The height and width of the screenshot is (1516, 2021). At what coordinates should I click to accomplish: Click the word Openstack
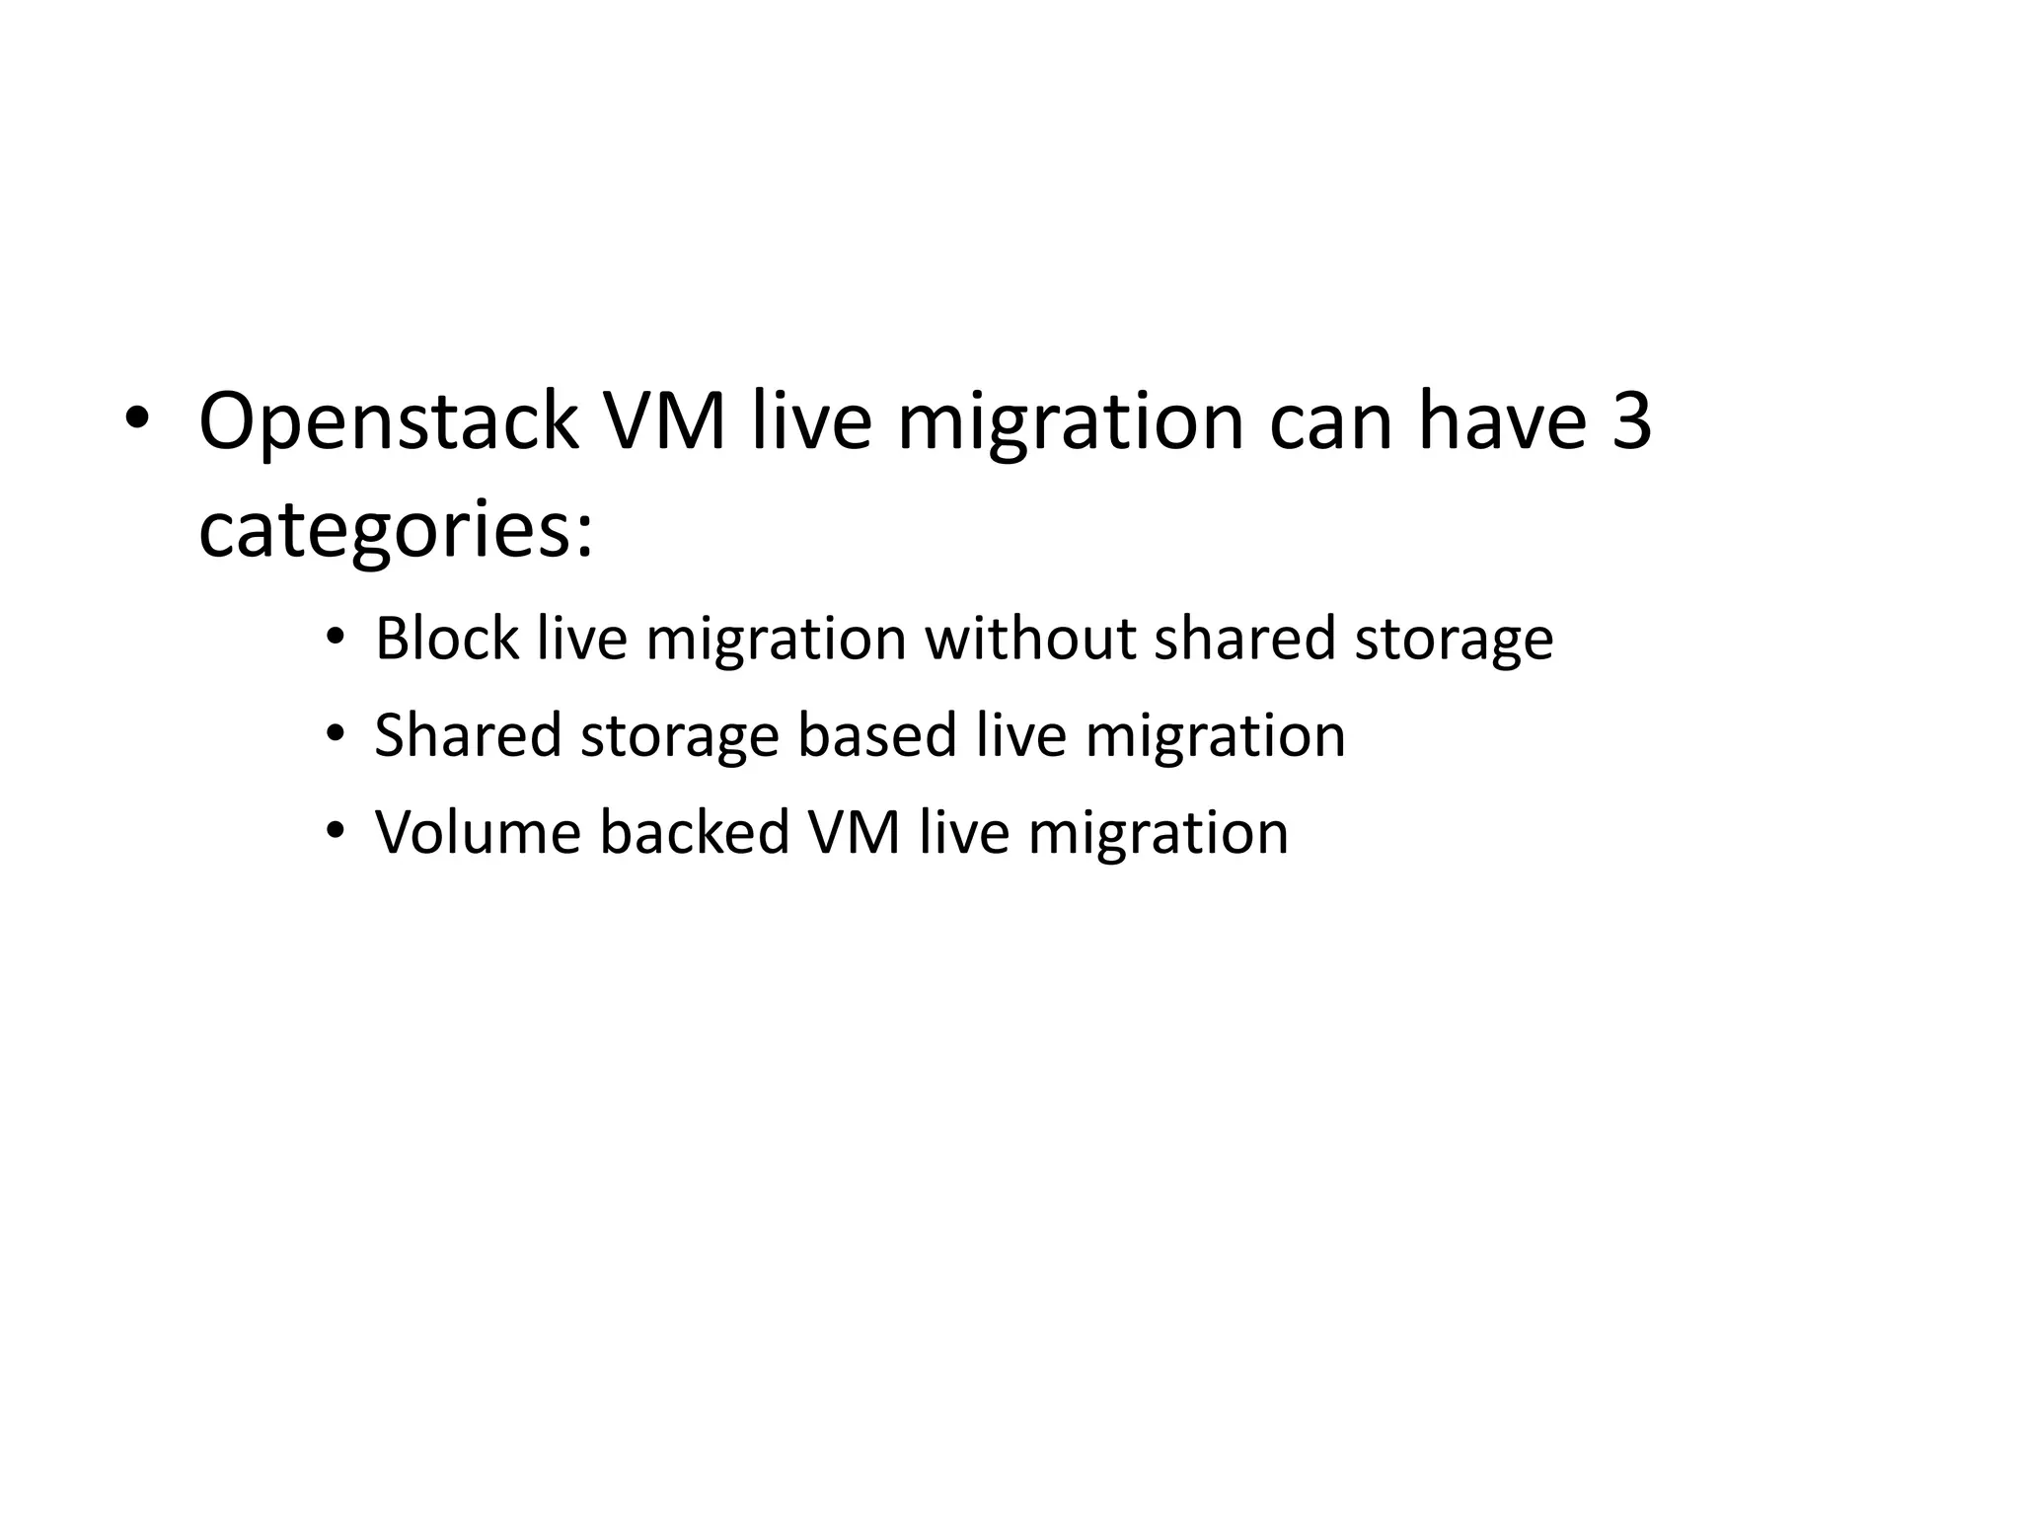click(x=388, y=422)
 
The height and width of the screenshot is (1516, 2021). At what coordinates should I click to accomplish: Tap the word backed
click(x=694, y=832)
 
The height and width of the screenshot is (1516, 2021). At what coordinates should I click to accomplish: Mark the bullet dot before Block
click(x=336, y=638)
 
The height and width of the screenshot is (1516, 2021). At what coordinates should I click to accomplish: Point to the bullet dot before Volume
click(x=336, y=832)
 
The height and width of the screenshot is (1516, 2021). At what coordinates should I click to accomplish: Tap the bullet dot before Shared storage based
click(x=336, y=735)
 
